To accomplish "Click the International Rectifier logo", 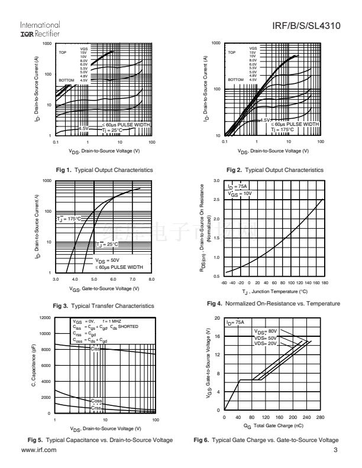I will tap(40, 29).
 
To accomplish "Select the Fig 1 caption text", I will tap(104, 170).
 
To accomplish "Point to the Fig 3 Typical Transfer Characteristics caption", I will tap(104, 306).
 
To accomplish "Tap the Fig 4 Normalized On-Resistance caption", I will tap(274, 304).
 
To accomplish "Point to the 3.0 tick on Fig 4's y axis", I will tap(216, 180).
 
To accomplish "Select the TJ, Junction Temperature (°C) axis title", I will tap(274, 292).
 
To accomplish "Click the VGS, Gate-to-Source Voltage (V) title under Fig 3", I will tap(104, 288).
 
